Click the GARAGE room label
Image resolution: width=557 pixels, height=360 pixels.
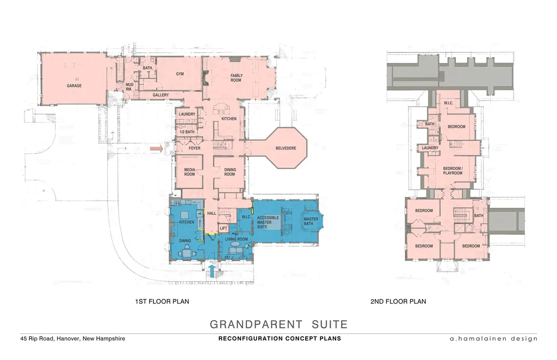click(x=74, y=85)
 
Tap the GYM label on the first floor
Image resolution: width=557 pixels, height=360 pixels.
click(x=180, y=74)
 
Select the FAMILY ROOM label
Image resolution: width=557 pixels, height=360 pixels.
click(x=236, y=78)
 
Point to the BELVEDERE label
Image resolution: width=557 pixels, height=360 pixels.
click(x=286, y=148)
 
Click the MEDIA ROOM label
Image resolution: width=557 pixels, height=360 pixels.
click(x=189, y=172)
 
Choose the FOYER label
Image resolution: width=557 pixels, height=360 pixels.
click(x=194, y=148)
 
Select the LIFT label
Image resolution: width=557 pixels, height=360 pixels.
click(x=224, y=228)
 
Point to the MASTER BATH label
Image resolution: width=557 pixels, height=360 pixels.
click(x=311, y=221)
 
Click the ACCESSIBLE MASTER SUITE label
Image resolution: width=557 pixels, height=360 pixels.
click(x=268, y=222)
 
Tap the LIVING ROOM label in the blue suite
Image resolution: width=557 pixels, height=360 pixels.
click(x=236, y=239)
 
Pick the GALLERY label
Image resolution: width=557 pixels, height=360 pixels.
click(x=160, y=95)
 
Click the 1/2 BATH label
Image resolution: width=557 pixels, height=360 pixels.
click(x=187, y=132)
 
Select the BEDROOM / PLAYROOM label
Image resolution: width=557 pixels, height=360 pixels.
click(x=453, y=171)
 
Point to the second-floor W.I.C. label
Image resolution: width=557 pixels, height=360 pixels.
click(x=448, y=103)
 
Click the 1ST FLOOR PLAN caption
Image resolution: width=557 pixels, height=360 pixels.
click(x=162, y=301)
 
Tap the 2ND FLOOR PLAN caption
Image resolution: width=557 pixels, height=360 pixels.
click(x=398, y=301)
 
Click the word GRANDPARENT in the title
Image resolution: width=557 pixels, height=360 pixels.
click(x=256, y=324)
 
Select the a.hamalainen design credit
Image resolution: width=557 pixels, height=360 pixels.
click(x=493, y=338)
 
